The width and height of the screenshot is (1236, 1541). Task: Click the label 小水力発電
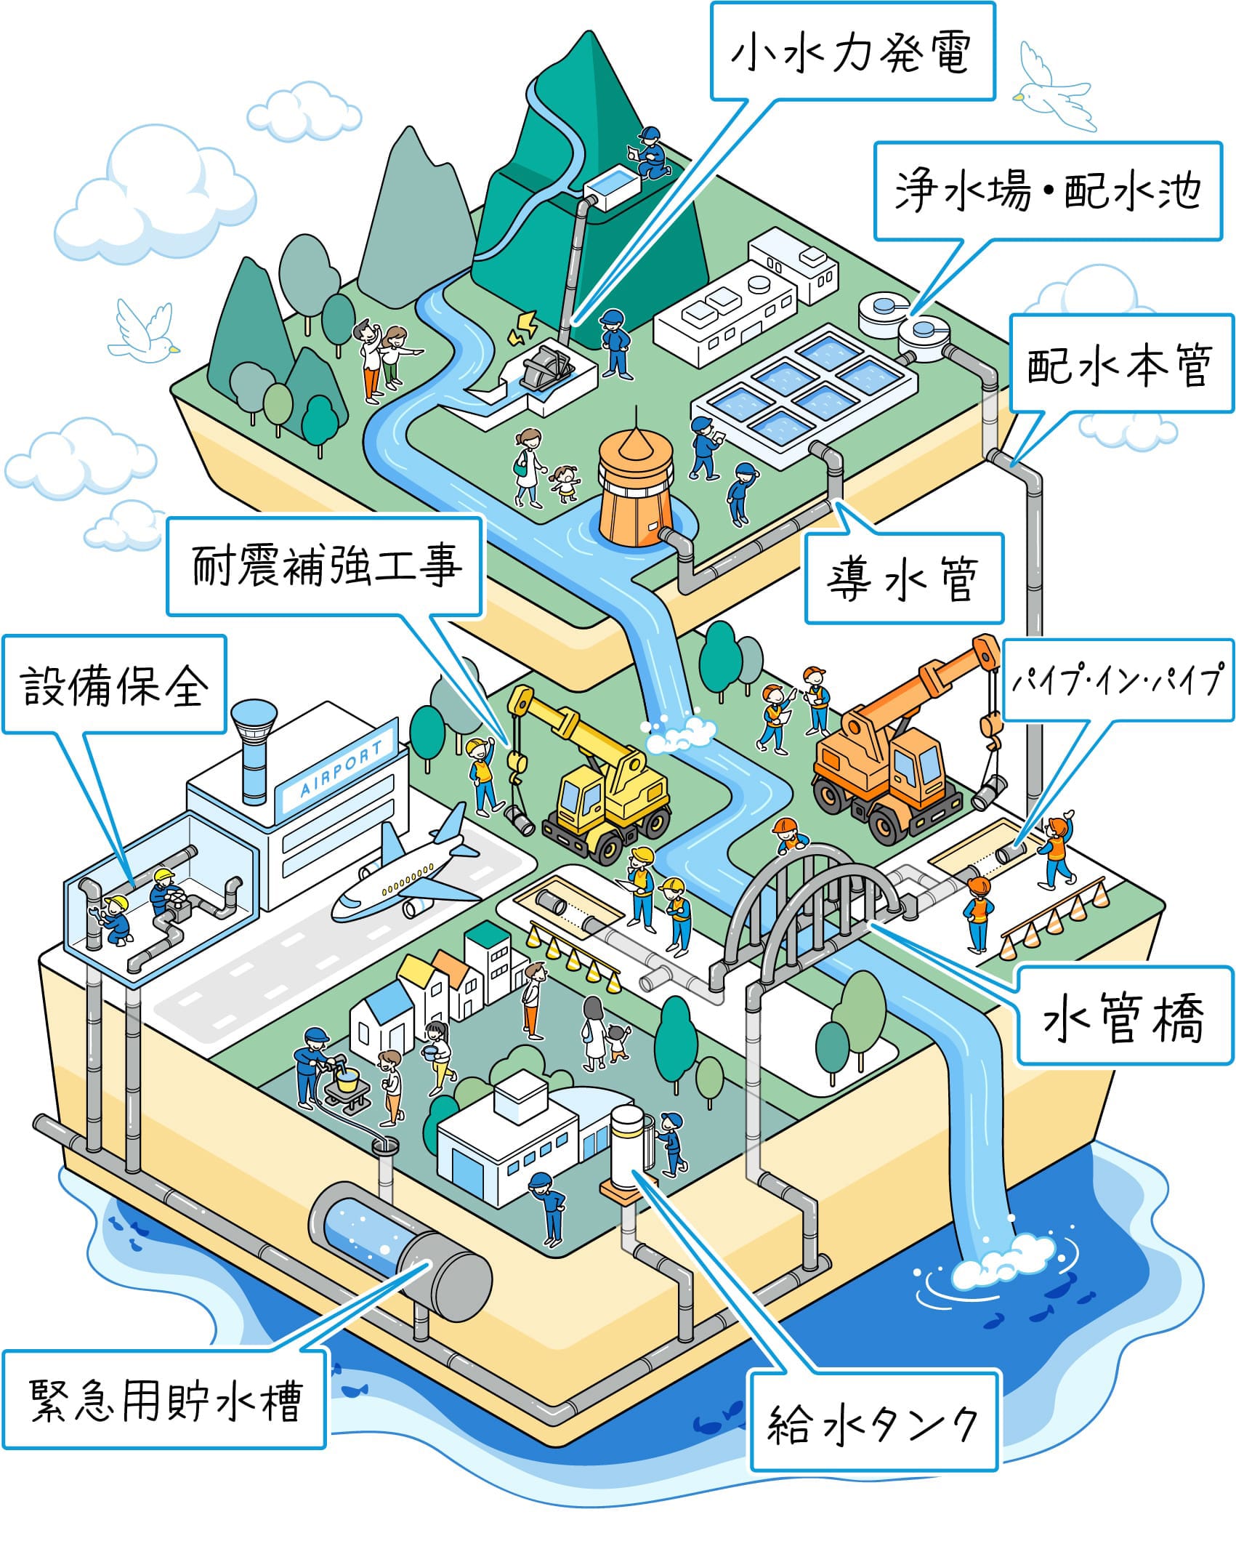click(x=852, y=52)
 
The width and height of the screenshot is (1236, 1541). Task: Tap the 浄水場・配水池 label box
click(x=1047, y=191)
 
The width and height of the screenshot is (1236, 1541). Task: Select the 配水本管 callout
click(x=1120, y=364)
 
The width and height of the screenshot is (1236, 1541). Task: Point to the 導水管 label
click(x=903, y=579)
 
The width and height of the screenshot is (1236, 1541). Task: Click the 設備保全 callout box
click(x=114, y=684)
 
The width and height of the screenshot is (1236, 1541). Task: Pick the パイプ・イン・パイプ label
click(x=1118, y=680)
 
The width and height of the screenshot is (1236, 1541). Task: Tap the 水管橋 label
click(x=1124, y=1015)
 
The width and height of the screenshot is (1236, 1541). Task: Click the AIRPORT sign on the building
click(x=342, y=768)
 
